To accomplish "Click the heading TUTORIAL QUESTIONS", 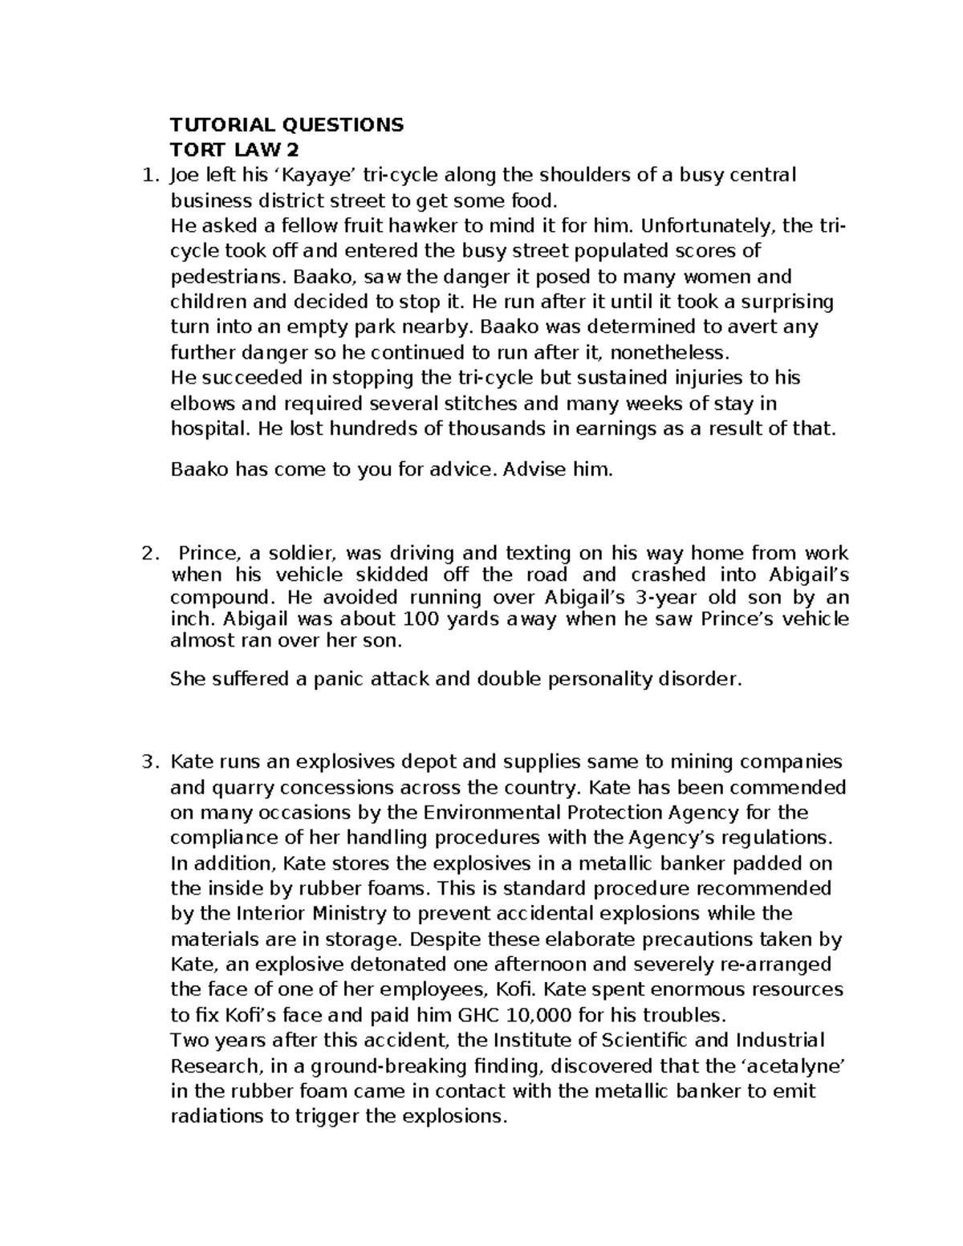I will pyautogui.click(x=287, y=124).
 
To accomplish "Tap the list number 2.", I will pyautogui.click(x=146, y=553).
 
